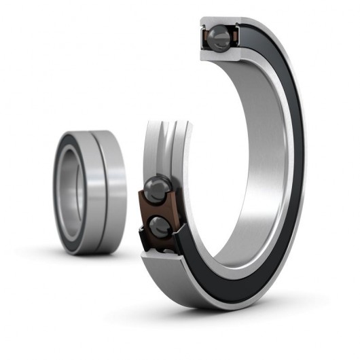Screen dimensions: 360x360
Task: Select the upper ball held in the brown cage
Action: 159,187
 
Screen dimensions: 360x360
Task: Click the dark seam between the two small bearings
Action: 92,190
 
